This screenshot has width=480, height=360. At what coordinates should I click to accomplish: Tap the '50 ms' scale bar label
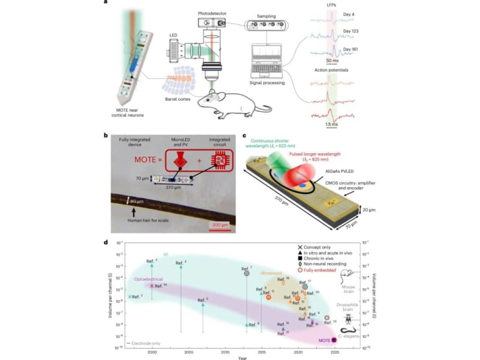332,61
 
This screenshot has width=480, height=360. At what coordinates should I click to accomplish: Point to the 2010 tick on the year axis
225,351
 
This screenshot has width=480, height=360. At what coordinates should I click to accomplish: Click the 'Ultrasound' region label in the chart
271,274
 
